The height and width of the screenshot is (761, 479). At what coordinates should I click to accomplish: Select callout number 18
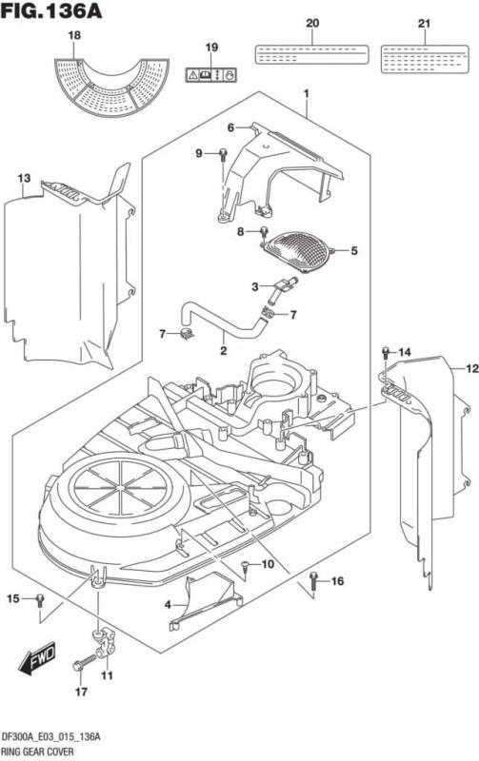point(74,35)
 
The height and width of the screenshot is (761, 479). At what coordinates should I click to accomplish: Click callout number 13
point(24,178)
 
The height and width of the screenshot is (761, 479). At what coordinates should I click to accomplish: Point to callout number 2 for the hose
point(223,351)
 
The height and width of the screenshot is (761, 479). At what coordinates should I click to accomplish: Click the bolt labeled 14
point(385,354)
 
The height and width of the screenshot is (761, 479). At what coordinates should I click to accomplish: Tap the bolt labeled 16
point(313,579)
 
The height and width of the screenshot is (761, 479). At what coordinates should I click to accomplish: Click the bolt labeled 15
point(38,599)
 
